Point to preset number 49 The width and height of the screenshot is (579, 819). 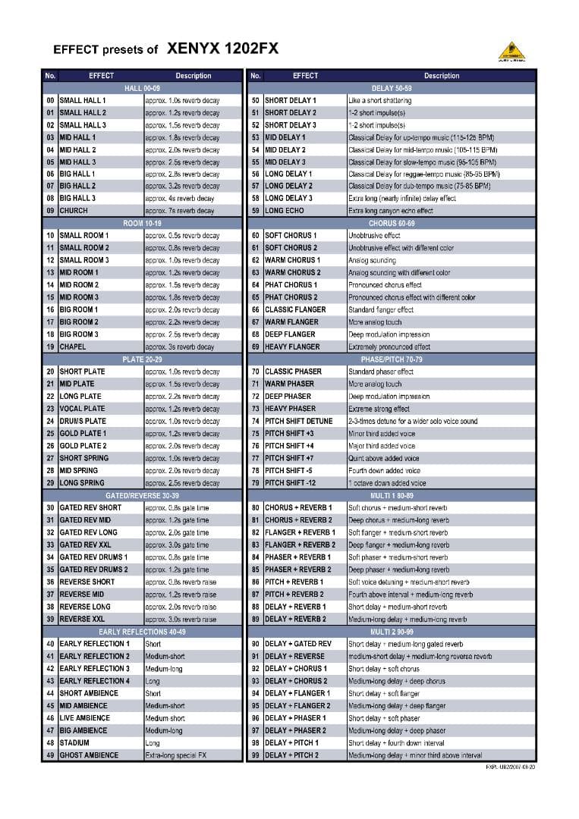pyautogui.click(x=50, y=755)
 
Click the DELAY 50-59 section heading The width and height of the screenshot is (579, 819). pyautogui.click(x=392, y=88)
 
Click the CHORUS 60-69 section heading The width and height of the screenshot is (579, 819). pyautogui.click(x=392, y=224)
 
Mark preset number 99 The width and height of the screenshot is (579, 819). pyautogui.click(x=256, y=755)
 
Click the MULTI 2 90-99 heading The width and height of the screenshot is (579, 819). pyautogui.click(x=392, y=632)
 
